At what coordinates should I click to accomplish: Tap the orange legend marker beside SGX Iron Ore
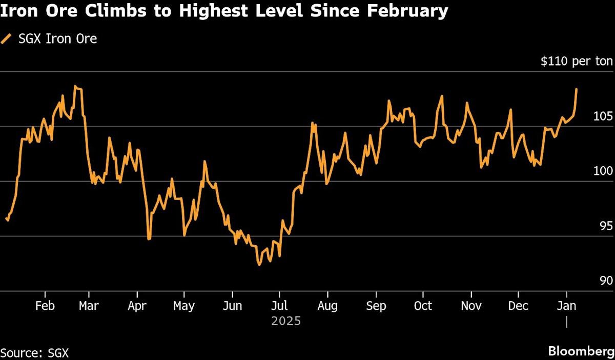[6, 38]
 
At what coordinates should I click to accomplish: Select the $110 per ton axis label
[577, 62]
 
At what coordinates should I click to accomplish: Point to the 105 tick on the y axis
[602, 116]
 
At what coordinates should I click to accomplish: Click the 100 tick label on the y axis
[602, 171]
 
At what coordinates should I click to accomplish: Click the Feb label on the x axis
[45, 306]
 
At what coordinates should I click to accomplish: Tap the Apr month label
[137, 306]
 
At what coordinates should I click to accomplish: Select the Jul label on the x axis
[279, 306]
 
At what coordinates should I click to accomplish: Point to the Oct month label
[423, 306]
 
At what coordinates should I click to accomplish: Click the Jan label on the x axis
[566, 306]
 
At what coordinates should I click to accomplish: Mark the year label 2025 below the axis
[286, 322]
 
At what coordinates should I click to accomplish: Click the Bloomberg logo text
[580, 351]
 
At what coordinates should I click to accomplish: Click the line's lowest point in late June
[259, 265]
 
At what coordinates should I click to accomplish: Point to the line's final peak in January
[577, 89]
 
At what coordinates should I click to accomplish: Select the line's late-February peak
[75, 86]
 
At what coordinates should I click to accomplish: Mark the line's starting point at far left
[6, 218]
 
